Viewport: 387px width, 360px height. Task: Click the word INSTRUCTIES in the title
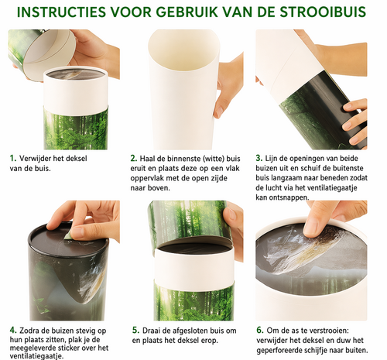[x=61, y=12]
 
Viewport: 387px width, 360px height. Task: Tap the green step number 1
[x=13, y=158]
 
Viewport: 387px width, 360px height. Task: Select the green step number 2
[x=134, y=158]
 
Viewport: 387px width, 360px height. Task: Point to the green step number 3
[x=259, y=158]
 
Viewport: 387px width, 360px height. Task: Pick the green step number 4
[x=13, y=330]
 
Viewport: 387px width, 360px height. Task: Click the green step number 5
[x=135, y=330]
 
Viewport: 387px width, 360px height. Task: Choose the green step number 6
[x=260, y=330]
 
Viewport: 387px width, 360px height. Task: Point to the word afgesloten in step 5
[x=191, y=331]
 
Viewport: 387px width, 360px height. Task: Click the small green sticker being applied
[x=68, y=235]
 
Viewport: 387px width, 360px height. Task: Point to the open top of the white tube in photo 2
[x=183, y=52]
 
